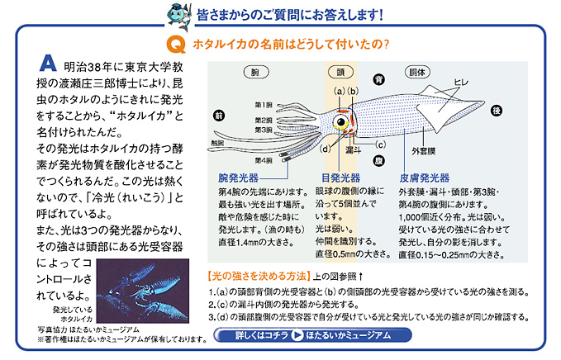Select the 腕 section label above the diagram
255,73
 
